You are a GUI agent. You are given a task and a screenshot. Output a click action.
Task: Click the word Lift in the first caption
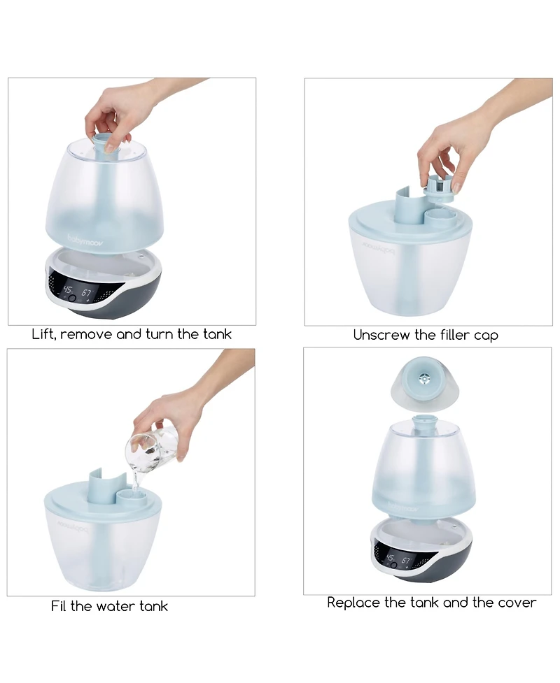(x=44, y=334)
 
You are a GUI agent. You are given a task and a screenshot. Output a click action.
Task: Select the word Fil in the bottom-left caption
(x=59, y=606)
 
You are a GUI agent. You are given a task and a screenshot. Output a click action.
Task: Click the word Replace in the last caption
(x=354, y=603)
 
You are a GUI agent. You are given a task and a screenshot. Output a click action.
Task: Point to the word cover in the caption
(x=517, y=603)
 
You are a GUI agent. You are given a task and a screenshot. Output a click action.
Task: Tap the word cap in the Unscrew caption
(x=485, y=336)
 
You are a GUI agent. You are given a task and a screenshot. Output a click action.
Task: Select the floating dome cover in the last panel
(x=424, y=382)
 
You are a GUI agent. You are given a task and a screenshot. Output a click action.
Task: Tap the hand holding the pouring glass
(x=168, y=423)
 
